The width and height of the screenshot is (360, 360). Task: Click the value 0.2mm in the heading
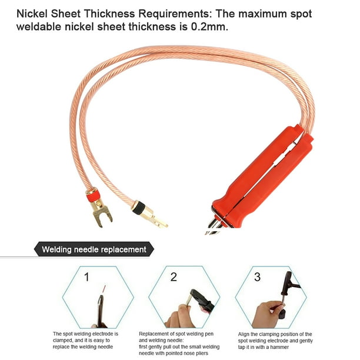tap(209, 27)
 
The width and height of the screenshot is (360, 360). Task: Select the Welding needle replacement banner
tap(94, 249)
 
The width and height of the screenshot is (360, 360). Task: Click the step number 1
tap(86, 277)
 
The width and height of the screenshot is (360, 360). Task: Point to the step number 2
tap(174, 277)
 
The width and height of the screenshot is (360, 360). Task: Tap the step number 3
tap(258, 277)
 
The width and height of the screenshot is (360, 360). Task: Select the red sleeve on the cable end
tap(94, 195)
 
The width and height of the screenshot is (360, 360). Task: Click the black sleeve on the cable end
tap(139, 208)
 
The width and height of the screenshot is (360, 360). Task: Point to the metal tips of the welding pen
tap(215, 226)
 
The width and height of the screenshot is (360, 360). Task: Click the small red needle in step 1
tap(104, 289)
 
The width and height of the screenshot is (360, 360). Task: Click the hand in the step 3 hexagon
tap(268, 315)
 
